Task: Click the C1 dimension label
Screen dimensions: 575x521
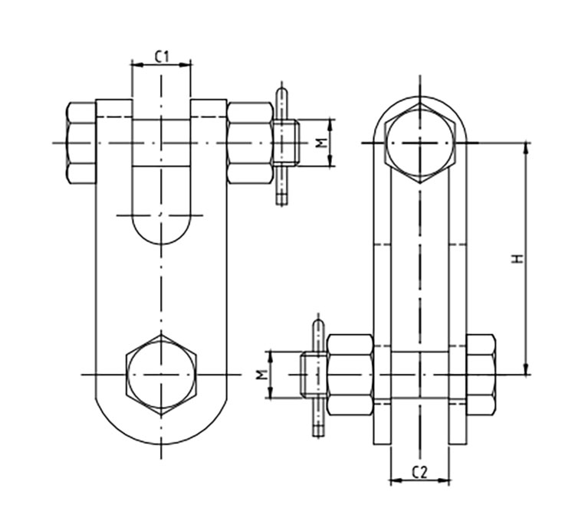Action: (162, 57)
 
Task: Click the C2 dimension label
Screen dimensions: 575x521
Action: (419, 472)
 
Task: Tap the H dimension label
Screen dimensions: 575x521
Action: (517, 259)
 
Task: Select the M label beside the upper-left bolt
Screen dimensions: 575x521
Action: (321, 143)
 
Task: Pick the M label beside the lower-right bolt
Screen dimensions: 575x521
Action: (261, 375)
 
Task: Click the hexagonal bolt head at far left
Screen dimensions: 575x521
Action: (81, 143)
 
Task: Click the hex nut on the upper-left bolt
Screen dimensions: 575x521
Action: (250, 143)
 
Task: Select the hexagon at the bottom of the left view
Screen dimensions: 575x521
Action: (161, 375)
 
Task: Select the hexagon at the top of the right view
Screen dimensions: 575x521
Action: (420, 143)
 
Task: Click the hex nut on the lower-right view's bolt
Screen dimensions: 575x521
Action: (350, 375)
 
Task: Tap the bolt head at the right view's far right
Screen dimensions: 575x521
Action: (481, 375)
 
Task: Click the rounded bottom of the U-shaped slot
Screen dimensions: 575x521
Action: (161, 230)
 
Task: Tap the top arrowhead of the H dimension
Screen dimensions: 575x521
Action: (527, 147)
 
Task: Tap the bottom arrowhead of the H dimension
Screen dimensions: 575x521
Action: (527, 370)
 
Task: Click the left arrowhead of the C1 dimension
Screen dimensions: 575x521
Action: (136, 65)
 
